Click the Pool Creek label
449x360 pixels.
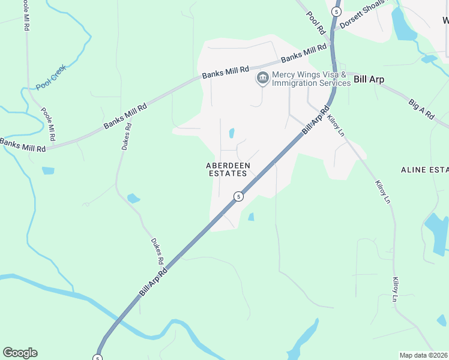click(x=50, y=77)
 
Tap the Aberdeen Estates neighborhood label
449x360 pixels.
click(x=227, y=169)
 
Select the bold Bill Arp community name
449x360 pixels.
click(x=369, y=79)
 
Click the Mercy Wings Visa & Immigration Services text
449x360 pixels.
click(x=310, y=79)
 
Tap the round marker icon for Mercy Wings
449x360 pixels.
click(x=262, y=78)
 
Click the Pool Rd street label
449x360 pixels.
click(x=316, y=23)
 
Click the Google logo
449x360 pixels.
click(x=20, y=353)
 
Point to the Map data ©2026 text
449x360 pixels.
click(x=423, y=355)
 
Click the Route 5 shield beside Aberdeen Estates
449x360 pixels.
click(x=238, y=196)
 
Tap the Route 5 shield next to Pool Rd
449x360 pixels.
click(x=336, y=11)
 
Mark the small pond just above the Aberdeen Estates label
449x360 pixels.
click(x=231, y=133)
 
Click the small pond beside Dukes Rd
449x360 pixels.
click(x=133, y=198)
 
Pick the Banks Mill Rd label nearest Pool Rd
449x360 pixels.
click(x=305, y=53)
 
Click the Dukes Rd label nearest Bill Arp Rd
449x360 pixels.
click(x=157, y=251)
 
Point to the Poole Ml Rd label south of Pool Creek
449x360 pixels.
click(x=48, y=124)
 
